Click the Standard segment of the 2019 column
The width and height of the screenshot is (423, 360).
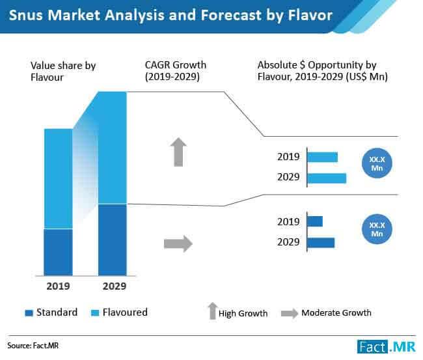tap(57, 252)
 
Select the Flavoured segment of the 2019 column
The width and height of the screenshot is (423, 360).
tap(57, 178)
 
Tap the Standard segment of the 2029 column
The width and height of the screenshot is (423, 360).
tap(112, 240)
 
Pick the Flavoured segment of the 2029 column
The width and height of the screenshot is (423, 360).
tap(112, 148)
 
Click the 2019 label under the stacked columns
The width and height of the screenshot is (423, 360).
tap(57, 286)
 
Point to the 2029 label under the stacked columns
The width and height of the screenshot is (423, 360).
tap(113, 286)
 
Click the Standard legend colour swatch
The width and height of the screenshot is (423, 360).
tap(28, 313)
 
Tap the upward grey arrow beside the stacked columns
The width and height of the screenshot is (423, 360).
tap(179, 152)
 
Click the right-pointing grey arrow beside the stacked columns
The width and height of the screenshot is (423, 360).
tap(178, 244)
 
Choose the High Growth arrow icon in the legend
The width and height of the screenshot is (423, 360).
tap(211, 311)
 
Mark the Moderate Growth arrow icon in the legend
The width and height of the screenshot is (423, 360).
tap(289, 313)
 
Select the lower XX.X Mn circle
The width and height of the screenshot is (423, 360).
tap(376, 229)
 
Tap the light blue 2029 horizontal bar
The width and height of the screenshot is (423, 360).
tap(327, 178)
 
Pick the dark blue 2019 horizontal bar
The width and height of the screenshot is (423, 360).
tap(315, 221)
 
